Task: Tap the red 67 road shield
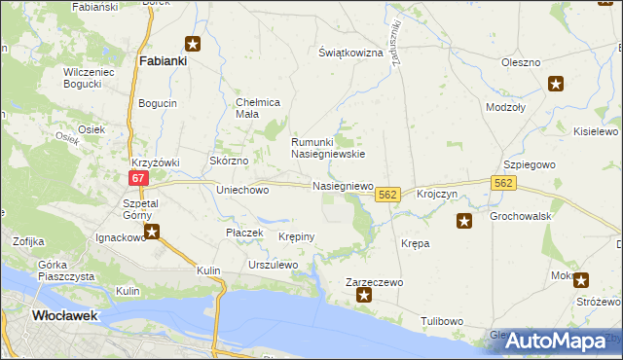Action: click(138, 178)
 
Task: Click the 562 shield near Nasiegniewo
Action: click(386, 196)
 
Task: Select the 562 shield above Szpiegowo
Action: click(502, 182)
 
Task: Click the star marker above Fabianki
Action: click(193, 44)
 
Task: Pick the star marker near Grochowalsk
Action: click(464, 222)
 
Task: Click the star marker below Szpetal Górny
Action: click(152, 232)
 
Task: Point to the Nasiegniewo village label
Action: click(343, 185)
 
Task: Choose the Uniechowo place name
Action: click(242, 190)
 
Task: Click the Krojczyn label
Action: click(437, 195)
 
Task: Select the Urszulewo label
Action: click(273, 265)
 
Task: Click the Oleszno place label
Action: click(521, 62)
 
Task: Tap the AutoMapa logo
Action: click(556, 341)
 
